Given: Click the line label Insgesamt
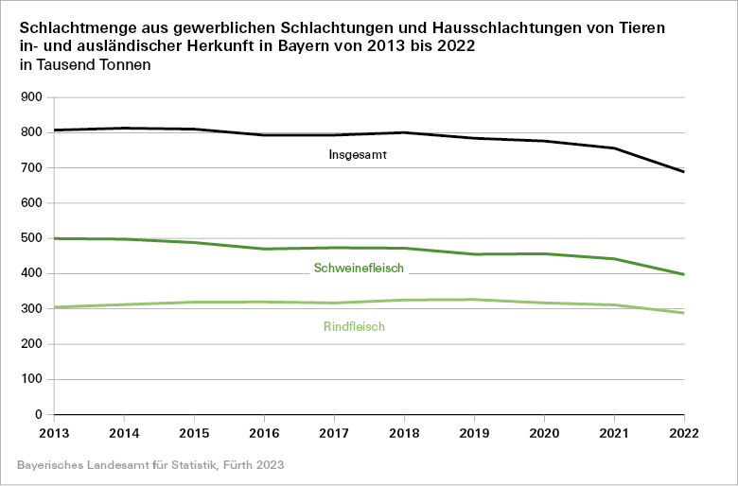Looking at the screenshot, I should click(360, 154).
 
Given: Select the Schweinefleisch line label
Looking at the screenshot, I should click(359, 269).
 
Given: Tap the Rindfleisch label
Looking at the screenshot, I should click(355, 327).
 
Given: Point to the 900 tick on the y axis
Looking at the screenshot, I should click(31, 97).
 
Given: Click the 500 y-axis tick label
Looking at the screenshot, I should click(31, 238).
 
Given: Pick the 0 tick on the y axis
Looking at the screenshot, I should click(39, 414).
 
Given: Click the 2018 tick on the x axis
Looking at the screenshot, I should click(404, 432).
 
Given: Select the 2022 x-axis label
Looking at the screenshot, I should click(683, 432).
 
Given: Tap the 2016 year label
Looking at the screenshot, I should click(264, 432).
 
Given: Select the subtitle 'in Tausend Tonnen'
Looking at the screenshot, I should click(84, 65).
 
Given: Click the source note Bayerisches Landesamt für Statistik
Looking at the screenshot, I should click(150, 466).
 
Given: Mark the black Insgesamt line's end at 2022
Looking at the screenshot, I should click(683, 172).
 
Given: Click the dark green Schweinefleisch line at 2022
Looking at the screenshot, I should click(683, 274).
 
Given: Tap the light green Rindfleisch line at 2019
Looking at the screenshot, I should click(474, 300).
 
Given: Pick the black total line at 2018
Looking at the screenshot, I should click(404, 132).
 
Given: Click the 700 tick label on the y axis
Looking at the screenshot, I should click(31, 167).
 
